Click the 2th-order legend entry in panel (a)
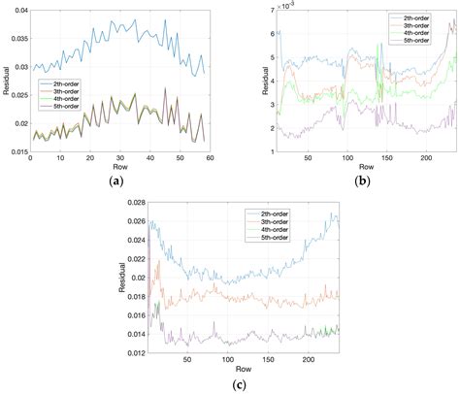click(65, 84)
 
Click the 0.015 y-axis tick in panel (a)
click(16, 150)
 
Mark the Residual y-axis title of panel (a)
click(5, 81)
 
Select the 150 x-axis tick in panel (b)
click(381, 159)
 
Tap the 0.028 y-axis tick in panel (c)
click(135, 202)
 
